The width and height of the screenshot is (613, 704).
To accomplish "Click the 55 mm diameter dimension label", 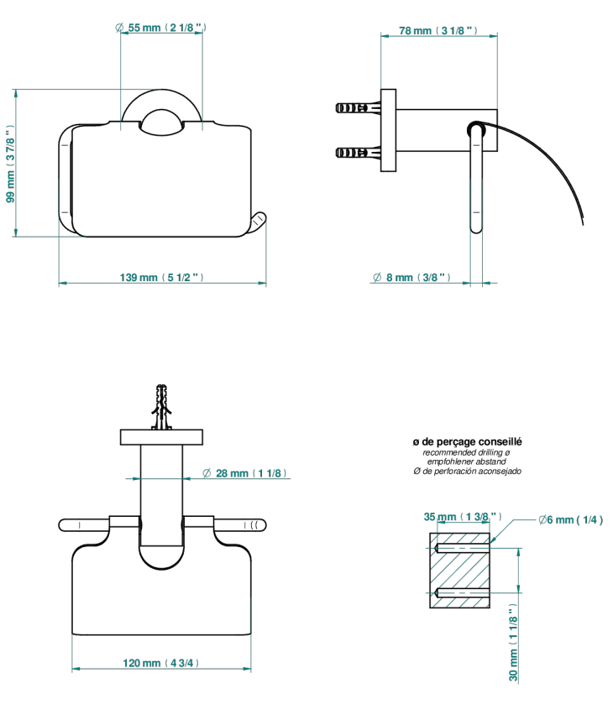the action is pyautogui.click(x=161, y=28).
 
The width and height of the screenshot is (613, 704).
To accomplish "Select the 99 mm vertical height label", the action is pyautogui.click(x=10, y=164).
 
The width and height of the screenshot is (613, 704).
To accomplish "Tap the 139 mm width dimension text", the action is pyautogui.click(x=162, y=278).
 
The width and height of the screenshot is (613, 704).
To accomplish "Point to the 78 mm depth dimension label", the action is pyautogui.click(x=438, y=30).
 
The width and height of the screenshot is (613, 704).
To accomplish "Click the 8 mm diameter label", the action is pyautogui.click(x=411, y=278).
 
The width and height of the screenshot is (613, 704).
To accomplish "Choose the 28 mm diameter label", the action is pyautogui.click(x=244, y=473).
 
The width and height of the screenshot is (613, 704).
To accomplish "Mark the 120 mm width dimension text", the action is pyautogui.click(x=161, y=663).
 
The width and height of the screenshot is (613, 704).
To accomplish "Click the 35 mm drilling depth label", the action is pyautogui.click(x=463, y=517).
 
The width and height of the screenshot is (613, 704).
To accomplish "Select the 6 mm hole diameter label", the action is pyautogui.click(x=571, y=520).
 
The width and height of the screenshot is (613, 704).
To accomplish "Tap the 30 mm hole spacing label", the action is pyautogui.click(x=513, y=642).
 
